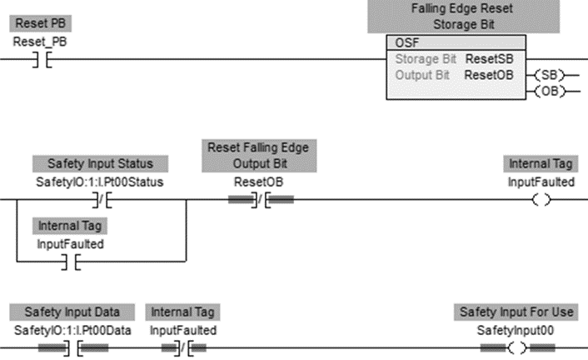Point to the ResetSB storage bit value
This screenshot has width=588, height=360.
click(488, 59)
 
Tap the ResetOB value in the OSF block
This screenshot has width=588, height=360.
click(488, 74)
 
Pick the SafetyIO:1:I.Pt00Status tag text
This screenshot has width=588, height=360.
click(100, 182)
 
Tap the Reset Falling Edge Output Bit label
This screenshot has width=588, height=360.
click(259, 155)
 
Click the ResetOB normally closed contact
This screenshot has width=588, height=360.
click(261, 200)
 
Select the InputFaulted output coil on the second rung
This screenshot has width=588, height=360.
click(541, 200)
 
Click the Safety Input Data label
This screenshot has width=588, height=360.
click(72, 312)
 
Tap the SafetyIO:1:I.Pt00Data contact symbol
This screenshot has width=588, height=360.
click(72, 348)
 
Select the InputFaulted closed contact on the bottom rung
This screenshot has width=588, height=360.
click(184, 348)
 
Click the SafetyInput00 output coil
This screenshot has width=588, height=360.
click(516, 348)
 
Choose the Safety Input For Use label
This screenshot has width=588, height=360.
click(516, 312)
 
